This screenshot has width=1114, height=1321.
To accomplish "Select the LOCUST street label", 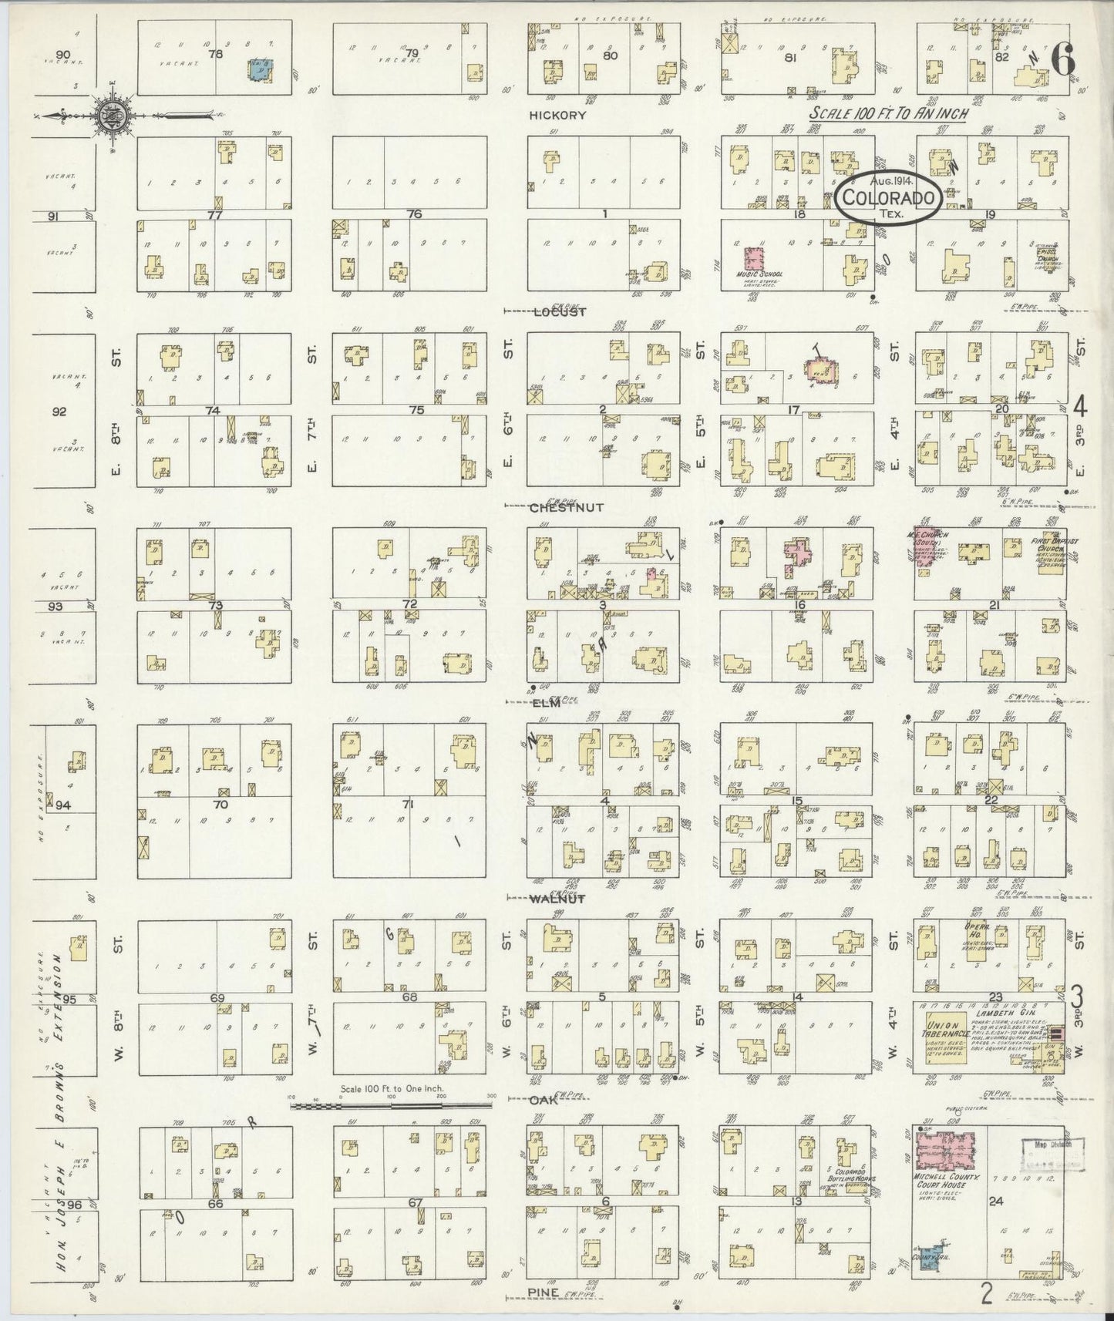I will [x=560, y=311].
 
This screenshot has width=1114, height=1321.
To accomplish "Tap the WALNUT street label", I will [x=557, y=898].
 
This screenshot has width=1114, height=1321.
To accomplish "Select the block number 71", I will [x=409, y=805].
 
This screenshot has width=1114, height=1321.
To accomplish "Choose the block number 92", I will [x=59, y=411].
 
